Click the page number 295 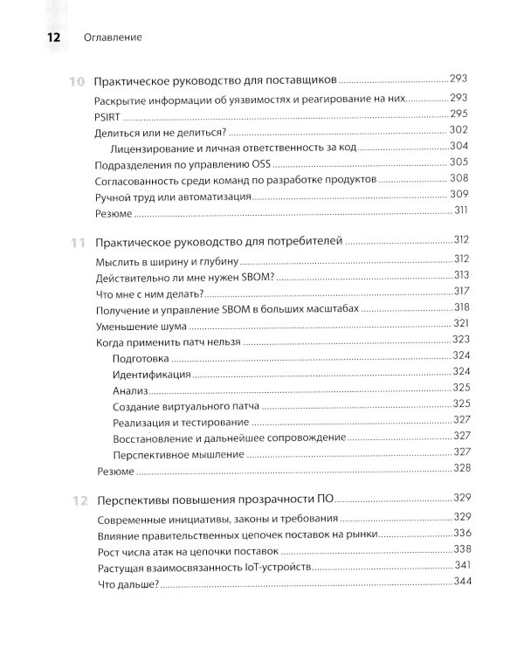tap(460, 114)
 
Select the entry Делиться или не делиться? tap(159, 131)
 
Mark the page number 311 tap(461, 212)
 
